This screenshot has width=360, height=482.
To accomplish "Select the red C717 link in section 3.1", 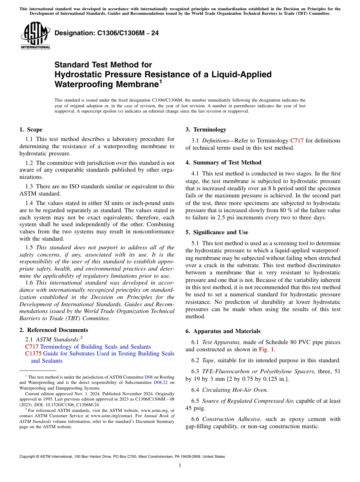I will (297, 141).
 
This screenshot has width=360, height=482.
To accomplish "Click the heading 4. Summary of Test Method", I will (224, 163).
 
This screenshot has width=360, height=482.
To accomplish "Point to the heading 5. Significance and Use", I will (217, 232).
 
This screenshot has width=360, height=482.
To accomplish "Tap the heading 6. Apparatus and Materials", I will (223, 331).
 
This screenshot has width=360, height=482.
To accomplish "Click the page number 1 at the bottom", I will (180, 466).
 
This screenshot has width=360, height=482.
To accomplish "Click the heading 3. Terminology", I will (206, 130).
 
